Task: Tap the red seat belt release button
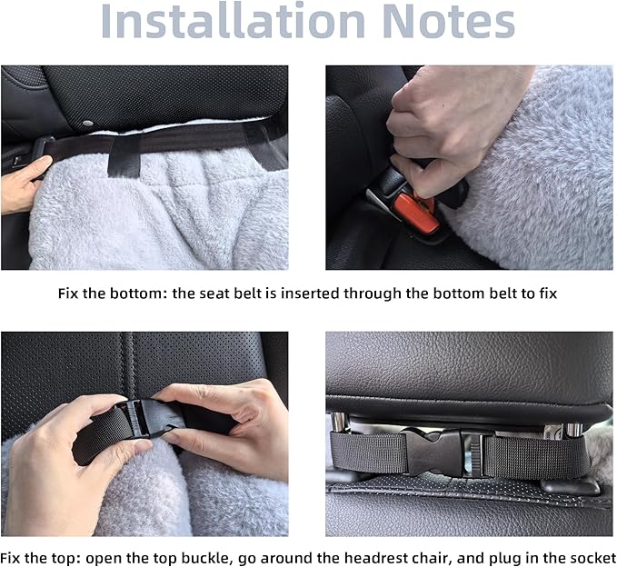click(x=416, y=212)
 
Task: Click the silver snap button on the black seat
click(x=87, y=124)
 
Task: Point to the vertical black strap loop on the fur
click(x=124, y=157)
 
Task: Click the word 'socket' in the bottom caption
click(x=592, y=558)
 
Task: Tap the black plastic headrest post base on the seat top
click(x=570, y=486)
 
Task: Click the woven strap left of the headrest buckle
click(x=368, y=453)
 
